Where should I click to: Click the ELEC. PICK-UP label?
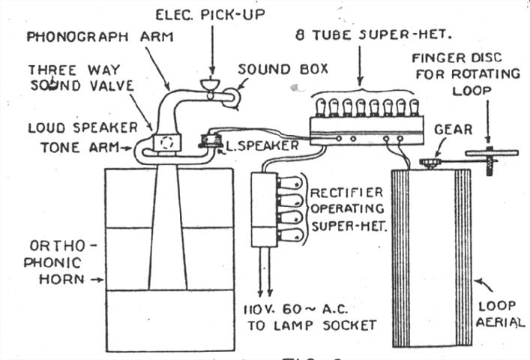[211, 14]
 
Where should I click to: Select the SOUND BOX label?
[283, 69]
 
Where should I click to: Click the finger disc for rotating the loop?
[492, 153]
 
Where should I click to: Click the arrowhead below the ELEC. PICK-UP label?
[213, 70]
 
